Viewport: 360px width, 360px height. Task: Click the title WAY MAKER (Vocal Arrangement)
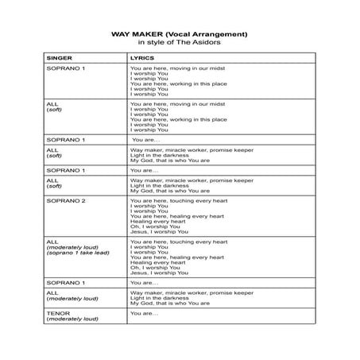(x=179, y=34)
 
